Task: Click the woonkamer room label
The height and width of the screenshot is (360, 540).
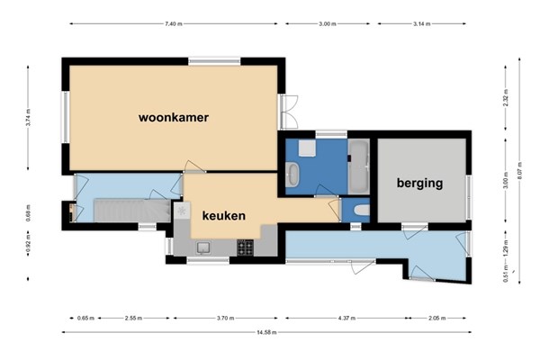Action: tap(174, 118)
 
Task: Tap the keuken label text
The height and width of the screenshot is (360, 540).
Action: tap(224, 216)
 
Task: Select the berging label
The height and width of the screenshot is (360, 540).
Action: tap(419, 183)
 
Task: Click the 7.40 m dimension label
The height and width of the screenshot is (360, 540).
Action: tap(174, 23)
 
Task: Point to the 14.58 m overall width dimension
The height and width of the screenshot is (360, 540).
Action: tap(266, 332)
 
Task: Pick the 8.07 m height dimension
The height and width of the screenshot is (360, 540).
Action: tap(519, 170)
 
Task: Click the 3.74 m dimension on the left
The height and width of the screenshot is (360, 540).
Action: tap(28, 118)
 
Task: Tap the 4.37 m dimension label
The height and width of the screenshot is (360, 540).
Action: tap(346, 318)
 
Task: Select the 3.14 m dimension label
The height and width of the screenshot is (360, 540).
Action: tap(421, 23)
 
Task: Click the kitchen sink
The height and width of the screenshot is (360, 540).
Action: tap(203, 247)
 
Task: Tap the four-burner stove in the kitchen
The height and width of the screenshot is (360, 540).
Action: tap(245, 248)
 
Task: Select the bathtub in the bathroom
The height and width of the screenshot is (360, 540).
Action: tap(358, 166)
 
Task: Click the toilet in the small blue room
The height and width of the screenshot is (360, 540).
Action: tap(362, 210)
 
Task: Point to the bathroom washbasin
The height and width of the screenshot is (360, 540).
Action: tap(292, 175)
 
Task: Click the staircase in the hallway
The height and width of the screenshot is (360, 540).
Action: tap(132, 211)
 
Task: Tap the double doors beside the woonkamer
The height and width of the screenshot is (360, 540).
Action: tap(289, 112)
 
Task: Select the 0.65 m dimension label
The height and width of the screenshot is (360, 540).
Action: tap(85, 318)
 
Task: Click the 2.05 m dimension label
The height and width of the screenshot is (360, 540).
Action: tap(437, 318)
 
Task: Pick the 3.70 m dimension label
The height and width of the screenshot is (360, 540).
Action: tap(226, 318)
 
